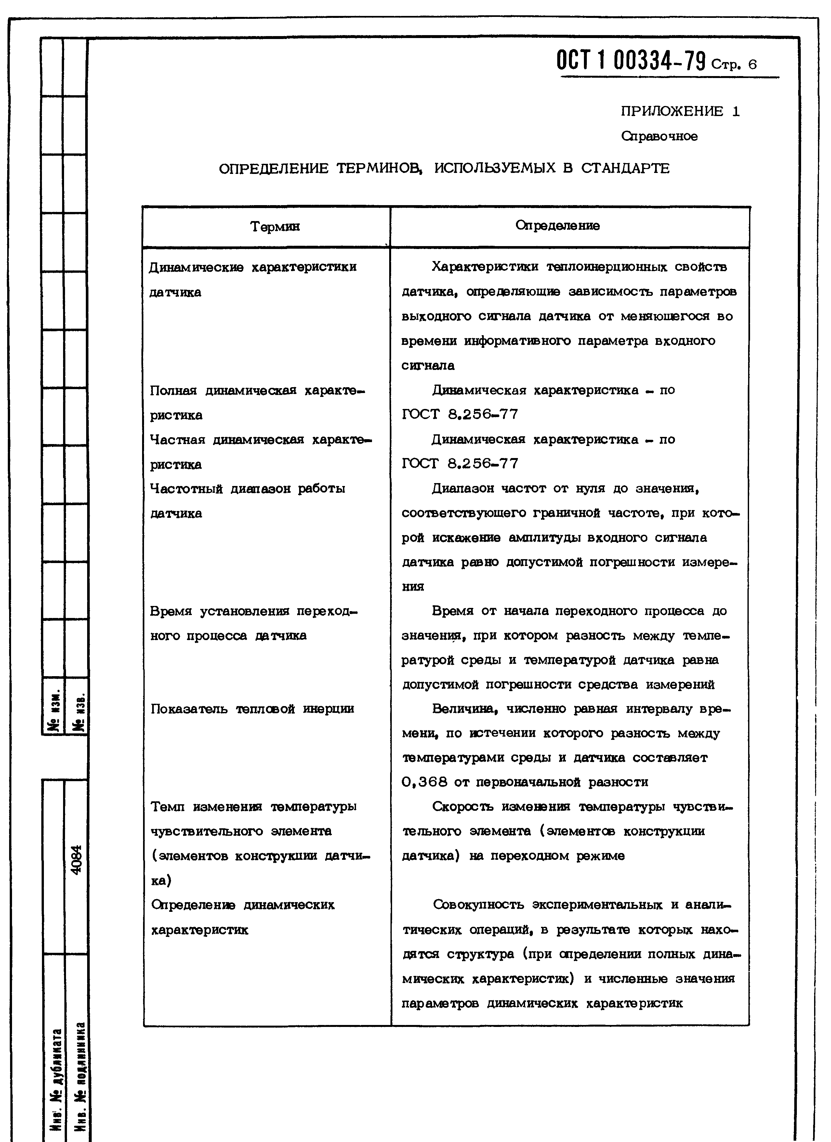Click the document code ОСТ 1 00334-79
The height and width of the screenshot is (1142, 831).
pos(632,61)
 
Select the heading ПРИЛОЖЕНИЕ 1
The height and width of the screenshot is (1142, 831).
pos(680,111)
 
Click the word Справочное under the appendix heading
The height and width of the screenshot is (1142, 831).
pos(659,137)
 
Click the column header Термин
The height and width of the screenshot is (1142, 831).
pos(275,227)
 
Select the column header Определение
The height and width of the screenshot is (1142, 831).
pos(558,226)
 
